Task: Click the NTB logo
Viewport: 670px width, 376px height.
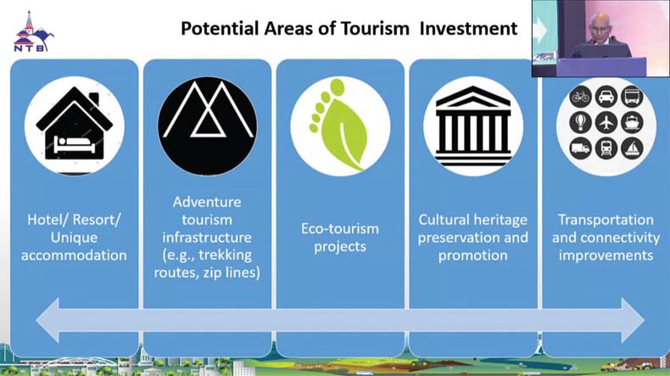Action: (x=33, y=31)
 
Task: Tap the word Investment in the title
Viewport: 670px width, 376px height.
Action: (x=468, y=29)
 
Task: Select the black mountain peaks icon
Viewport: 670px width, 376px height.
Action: (x=207, y=126)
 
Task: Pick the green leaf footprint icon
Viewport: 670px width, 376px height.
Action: (x=338, y=125)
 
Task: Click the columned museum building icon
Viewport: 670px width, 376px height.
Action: (x=473, y=126)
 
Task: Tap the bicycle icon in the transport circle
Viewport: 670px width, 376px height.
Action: (x=580, y=97)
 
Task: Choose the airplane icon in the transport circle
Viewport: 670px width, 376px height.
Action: (x=606, y=122)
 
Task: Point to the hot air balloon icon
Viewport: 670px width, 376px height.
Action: (x=580, y=122)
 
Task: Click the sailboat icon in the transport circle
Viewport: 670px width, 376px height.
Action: (x=632, y=149)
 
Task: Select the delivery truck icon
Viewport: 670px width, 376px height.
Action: (x=580, y=149)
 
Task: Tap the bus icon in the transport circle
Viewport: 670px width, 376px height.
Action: (x=632, y=97)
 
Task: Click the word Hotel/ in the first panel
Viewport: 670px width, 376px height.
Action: (x=47, y=220)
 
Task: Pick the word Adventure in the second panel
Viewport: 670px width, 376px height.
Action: (x=207, y=202)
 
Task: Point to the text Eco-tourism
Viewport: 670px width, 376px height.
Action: (x=340, y=228)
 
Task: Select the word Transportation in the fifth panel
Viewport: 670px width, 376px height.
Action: (x=606, y=220)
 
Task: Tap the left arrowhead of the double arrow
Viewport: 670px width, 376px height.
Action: (x=47, y=320)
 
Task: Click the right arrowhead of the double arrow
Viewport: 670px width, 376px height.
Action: (x=633, y=320)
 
